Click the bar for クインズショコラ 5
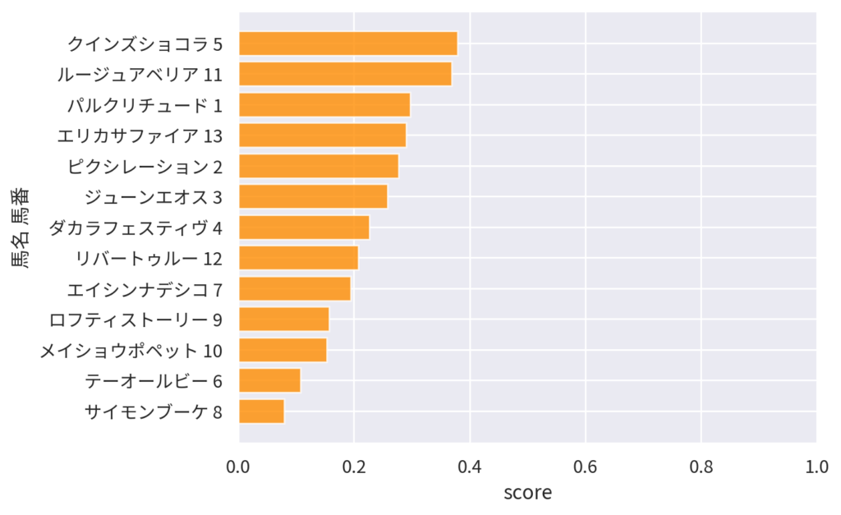(x=348, y=44)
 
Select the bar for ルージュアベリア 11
(x=345, y=74)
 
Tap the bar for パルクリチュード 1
(x=324, y=105)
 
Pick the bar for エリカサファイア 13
(x=323, y=136)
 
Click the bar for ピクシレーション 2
(x=319, y=166)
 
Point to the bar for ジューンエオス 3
(x=313, y=197)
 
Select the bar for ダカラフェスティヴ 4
(x=304, y=228)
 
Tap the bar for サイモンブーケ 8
(x=261, y=412)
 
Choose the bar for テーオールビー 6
(x=269, y=381)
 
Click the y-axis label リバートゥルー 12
(x=149, y=259)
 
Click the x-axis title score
(x=527, y=493)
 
